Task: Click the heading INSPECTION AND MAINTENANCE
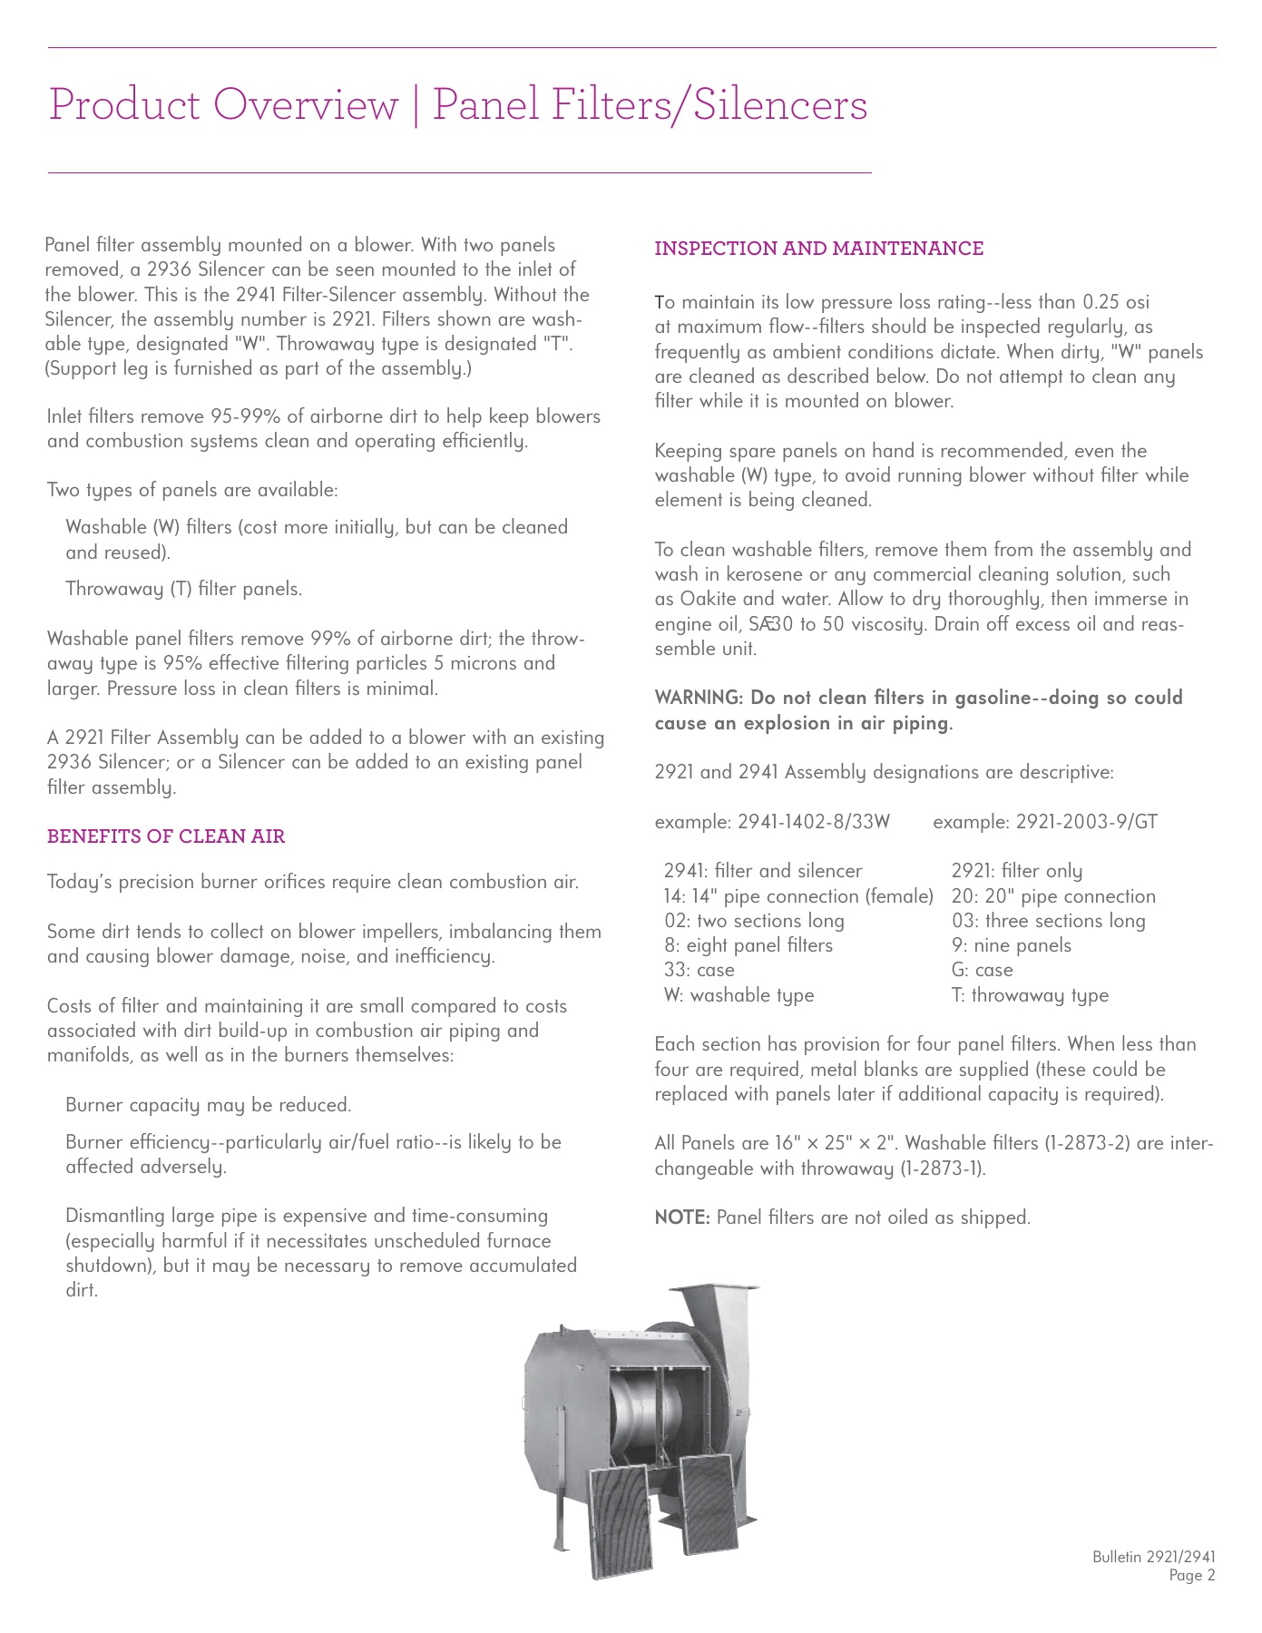point(818,249)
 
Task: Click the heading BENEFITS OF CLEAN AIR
point(166,836)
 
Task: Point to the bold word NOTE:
point(682,1217)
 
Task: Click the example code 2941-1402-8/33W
point(814,822)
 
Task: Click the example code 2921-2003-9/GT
point(1086,822)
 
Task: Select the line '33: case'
point(699,970)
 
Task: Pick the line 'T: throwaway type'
point(1030,995)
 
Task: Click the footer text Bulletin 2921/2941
point(1153,1557)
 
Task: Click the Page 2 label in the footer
point(1191,1576)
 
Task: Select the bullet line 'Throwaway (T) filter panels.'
point(183,589)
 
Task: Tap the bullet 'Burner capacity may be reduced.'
point(208,1105)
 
